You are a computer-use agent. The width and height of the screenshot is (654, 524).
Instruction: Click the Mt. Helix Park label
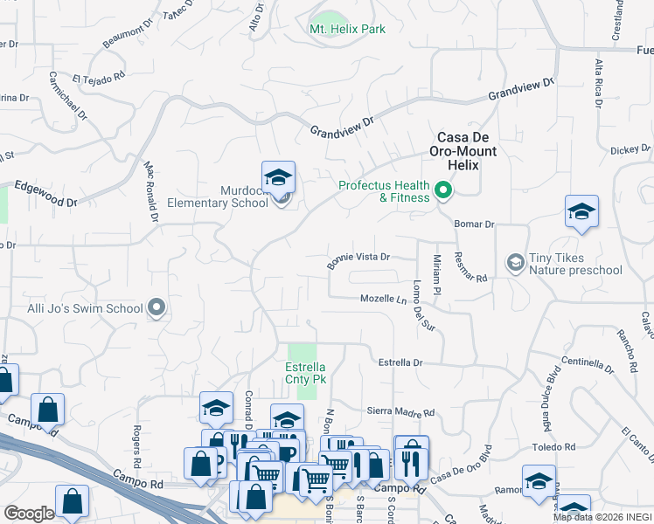click(x=347, y=29)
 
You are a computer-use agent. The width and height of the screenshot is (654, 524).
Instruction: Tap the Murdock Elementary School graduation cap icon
click(x=278, y=178)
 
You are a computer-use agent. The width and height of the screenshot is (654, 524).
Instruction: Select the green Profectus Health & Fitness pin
click(x=444, y=189)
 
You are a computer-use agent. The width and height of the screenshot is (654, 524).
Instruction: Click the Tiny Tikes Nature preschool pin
click(x=515, y=262)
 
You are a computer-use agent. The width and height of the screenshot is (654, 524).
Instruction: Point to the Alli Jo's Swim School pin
click(x=157, y=307)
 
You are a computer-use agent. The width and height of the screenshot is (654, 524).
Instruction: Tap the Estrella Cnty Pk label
click(x=306, y=374)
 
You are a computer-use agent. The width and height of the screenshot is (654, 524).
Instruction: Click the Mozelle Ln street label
click(x=385, y=299)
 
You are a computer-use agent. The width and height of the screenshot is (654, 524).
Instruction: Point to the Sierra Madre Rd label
click(x=400, y=412)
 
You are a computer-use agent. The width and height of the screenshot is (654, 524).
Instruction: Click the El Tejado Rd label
click(x=99, y=78)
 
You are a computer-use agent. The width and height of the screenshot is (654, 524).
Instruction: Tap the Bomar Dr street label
click(x=475, y=224)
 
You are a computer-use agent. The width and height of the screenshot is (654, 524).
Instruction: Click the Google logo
click(x=29, y=514)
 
